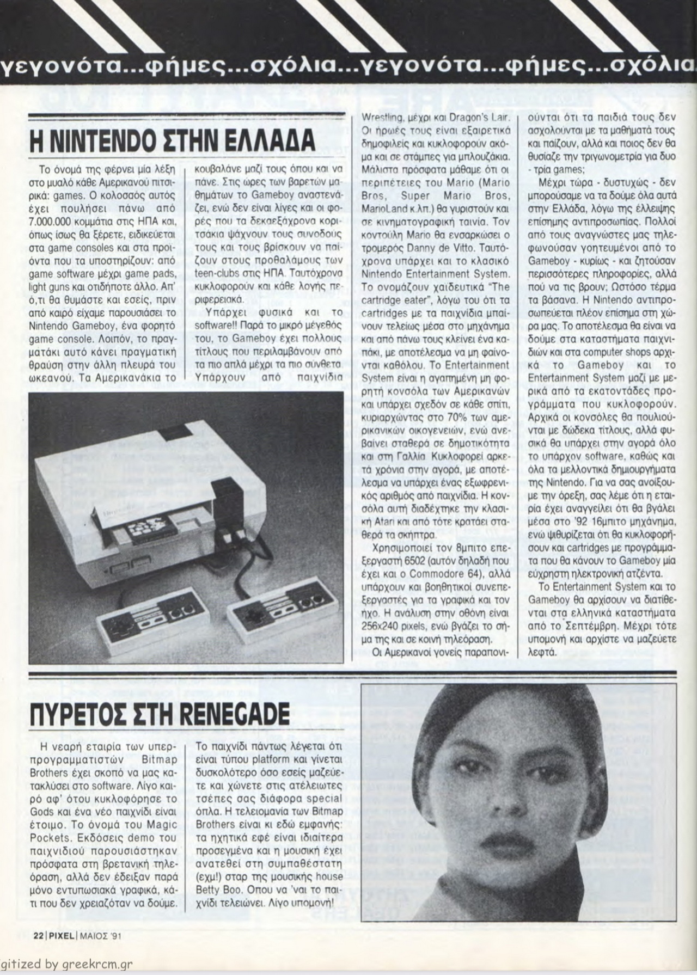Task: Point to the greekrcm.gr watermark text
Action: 95,965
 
